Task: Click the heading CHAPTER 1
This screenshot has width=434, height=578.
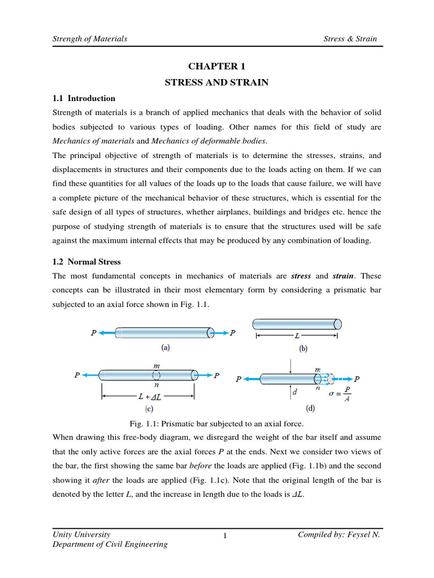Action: click(x=216, y=66)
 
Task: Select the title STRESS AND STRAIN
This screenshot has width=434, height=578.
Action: click(x=216, y=82)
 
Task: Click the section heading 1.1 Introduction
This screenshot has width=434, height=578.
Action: click(x=84, y=98)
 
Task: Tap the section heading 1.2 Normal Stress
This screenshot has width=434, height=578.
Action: click(x=86, y=262)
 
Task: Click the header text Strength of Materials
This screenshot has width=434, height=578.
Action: click(x=89, y=39)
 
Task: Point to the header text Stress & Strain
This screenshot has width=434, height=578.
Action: click(x=350, y=39)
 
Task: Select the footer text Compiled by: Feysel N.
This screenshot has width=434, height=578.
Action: click(x=338, y=534)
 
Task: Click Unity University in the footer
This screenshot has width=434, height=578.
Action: click(x=81, y=534)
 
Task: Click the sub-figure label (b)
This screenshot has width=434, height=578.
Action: click(x=303, y=349)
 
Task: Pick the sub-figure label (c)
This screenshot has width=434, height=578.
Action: click(x=149, y=408)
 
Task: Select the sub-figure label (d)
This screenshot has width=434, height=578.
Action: click(x=310, y=408)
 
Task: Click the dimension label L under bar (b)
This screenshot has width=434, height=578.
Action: click(x=296, y=336)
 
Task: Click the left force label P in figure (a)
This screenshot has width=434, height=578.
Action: click(x=94, y=333)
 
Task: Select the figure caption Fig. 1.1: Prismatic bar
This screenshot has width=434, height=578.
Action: click(x=216, y=423)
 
